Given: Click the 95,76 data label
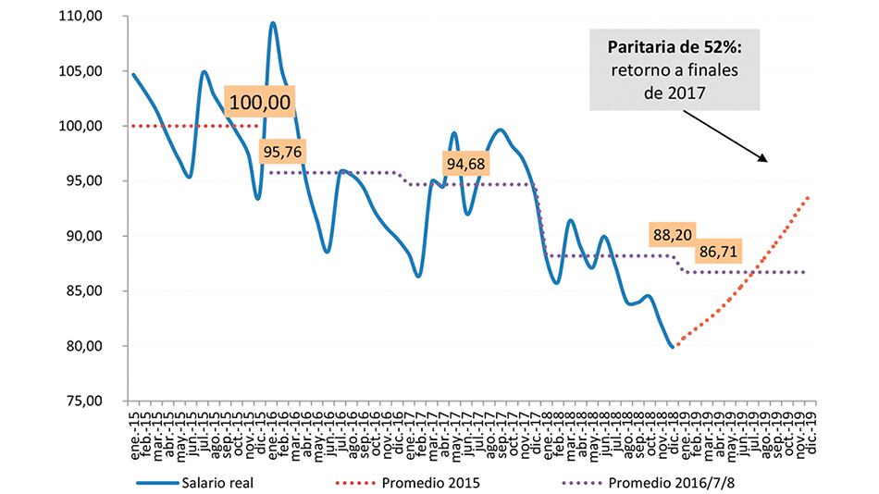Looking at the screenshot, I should coord(283,152).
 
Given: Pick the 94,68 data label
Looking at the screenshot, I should coord(467,165).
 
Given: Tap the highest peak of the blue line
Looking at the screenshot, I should coord(273,23).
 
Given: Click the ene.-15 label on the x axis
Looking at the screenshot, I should coord(134,427).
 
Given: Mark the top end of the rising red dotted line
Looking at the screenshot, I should coord(811,196).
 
